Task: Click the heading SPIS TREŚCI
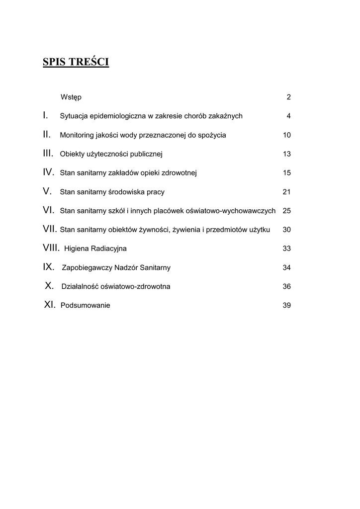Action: click(76, 62)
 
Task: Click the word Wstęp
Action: click(71, 97)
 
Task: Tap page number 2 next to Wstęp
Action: click(288, 97)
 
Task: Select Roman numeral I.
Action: click(45, 115)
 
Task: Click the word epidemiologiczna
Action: click(118, 116)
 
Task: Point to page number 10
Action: click(286, 135)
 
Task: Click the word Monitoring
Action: click(77, 135)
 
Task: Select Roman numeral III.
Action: click(48, 154)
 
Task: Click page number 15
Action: click(286, 173)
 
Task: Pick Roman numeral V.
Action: click(47, 191)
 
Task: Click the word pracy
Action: click(155, 192)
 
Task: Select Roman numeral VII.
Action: click(50, 229)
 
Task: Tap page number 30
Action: click(286, 230)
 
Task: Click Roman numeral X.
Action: click(49, 286)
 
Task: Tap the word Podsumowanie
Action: click(85, 305)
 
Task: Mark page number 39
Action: click(286, 305)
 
